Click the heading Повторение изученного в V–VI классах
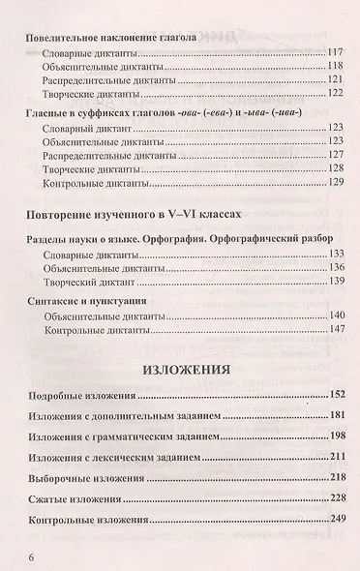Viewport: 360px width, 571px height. tap(133, 212)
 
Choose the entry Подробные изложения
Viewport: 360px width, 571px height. tap(73, 396)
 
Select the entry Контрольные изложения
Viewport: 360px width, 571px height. tap(79, 521)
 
